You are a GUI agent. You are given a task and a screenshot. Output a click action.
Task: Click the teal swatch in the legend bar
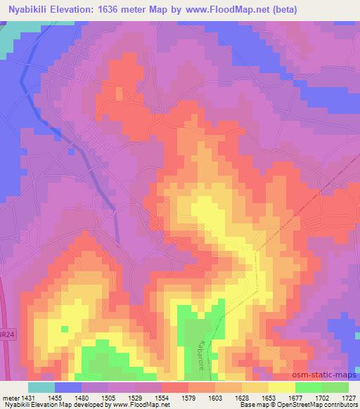pyautogui.click(x=41, y=387)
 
